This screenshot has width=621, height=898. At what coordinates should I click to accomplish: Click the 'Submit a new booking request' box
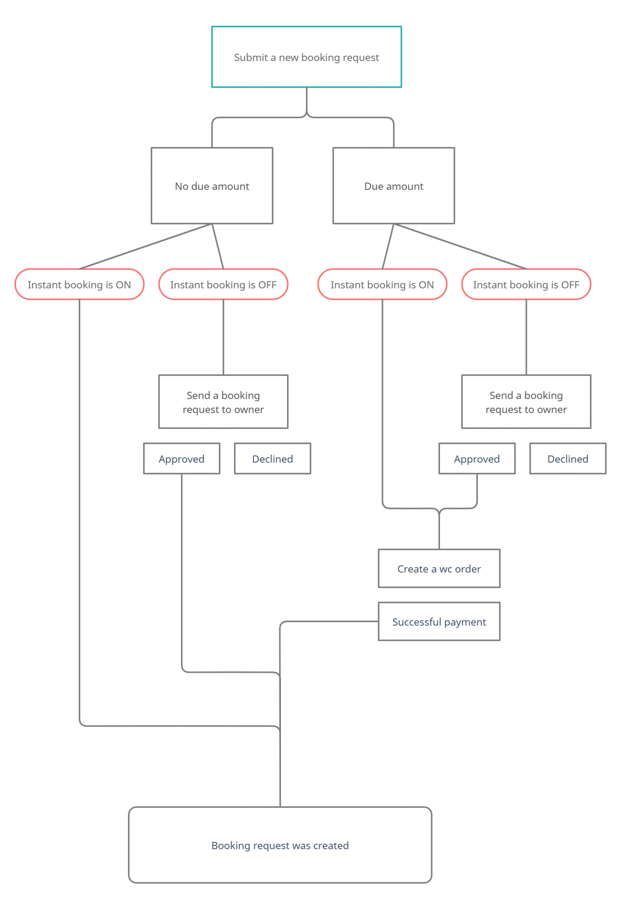pos(306,57)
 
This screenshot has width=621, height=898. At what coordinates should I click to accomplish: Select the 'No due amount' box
pos(212,186)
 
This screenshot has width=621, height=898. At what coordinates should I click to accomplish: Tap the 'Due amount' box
pos(394,186)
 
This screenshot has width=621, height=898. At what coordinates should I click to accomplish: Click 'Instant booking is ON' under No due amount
pos(79,285)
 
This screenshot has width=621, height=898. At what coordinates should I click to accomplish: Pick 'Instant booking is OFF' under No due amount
pos(223,285)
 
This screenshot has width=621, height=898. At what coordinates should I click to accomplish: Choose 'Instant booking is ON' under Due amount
pos(382,285)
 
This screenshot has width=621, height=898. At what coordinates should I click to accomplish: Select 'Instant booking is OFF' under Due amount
pos(526,285)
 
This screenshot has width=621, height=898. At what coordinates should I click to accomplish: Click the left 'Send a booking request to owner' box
pos(223,402)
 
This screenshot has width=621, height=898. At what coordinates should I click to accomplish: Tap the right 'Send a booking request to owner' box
pos(526,402)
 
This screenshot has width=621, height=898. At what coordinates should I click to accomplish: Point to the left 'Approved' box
pos(181,459)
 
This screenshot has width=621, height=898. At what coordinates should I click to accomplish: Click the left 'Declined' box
pos(272,459)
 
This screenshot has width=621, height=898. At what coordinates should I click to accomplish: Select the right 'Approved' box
pos(477,459)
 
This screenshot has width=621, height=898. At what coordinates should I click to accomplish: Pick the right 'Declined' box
pos(568,459)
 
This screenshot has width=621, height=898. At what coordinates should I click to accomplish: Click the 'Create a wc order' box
pos(439,569)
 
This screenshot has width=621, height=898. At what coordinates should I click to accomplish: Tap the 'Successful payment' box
pos(439,622)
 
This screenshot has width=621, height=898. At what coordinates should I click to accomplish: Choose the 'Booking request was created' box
pos(280,845)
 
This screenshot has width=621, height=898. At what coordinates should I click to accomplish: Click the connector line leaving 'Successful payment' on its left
pos(329,621)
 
